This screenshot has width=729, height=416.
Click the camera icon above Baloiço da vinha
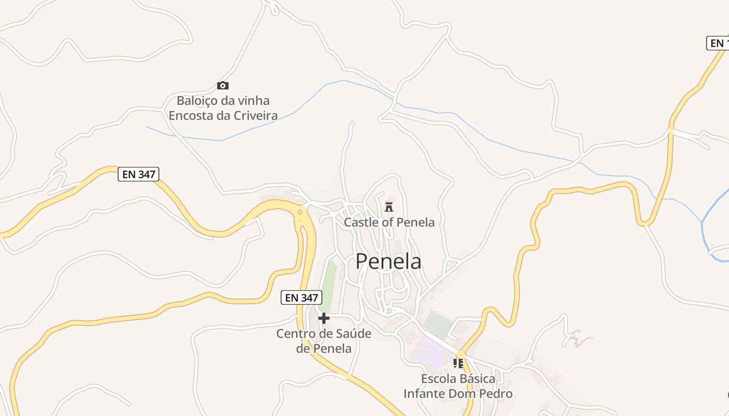[223, 86]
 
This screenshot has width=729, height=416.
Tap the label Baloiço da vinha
[223, 100]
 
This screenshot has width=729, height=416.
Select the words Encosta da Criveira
[223, 115]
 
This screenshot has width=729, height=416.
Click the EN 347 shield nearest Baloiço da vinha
[139, 174]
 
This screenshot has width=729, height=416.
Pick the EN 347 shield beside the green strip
[301, 298]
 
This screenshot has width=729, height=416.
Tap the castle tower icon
[388, 207]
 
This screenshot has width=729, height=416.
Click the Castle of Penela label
[389, 223]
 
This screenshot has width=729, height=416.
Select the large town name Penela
[388, 261]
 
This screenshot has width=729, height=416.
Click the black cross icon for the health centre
[324, 318]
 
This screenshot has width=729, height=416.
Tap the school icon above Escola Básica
[458, 363]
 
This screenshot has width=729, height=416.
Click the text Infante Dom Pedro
[458, 394]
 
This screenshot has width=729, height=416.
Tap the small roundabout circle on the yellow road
[300, 212]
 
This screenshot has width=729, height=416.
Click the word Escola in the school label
[438, 379]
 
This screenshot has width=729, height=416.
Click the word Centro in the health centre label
[296, 333]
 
